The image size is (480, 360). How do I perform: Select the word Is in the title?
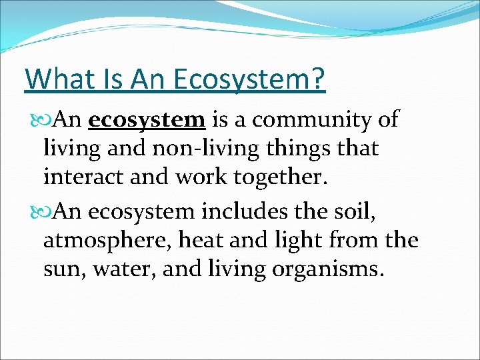pyautogui.click(x=109, y=79)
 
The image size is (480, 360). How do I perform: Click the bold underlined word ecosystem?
pyautogui.click(x=147, y=120)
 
